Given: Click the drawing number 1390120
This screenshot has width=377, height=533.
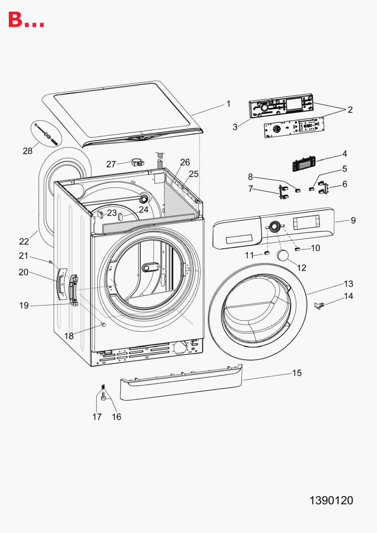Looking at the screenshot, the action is coord(331,500).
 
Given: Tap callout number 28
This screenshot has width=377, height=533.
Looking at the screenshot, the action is coord(28,151).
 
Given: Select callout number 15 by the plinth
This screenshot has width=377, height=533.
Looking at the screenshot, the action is coord(297,373).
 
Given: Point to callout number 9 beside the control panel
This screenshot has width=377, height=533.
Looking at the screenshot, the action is coord(353,220).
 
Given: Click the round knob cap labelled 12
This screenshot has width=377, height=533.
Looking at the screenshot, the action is coord(283,255).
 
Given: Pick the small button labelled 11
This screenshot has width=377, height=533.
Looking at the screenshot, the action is coord(267,253).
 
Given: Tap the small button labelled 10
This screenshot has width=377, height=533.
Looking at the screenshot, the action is coord(298,249).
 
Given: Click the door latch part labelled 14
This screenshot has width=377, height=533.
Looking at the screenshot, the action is coord(319,306).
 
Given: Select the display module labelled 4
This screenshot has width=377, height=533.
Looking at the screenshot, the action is coord(304,163).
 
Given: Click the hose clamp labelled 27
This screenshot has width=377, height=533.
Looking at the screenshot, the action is coord(138,163).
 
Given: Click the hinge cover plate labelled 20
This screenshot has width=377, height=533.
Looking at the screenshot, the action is coord(62,284).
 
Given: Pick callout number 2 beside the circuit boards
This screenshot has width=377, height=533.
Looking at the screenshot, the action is coord(350,110).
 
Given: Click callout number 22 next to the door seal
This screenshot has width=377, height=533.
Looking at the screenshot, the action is coord(24,242).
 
